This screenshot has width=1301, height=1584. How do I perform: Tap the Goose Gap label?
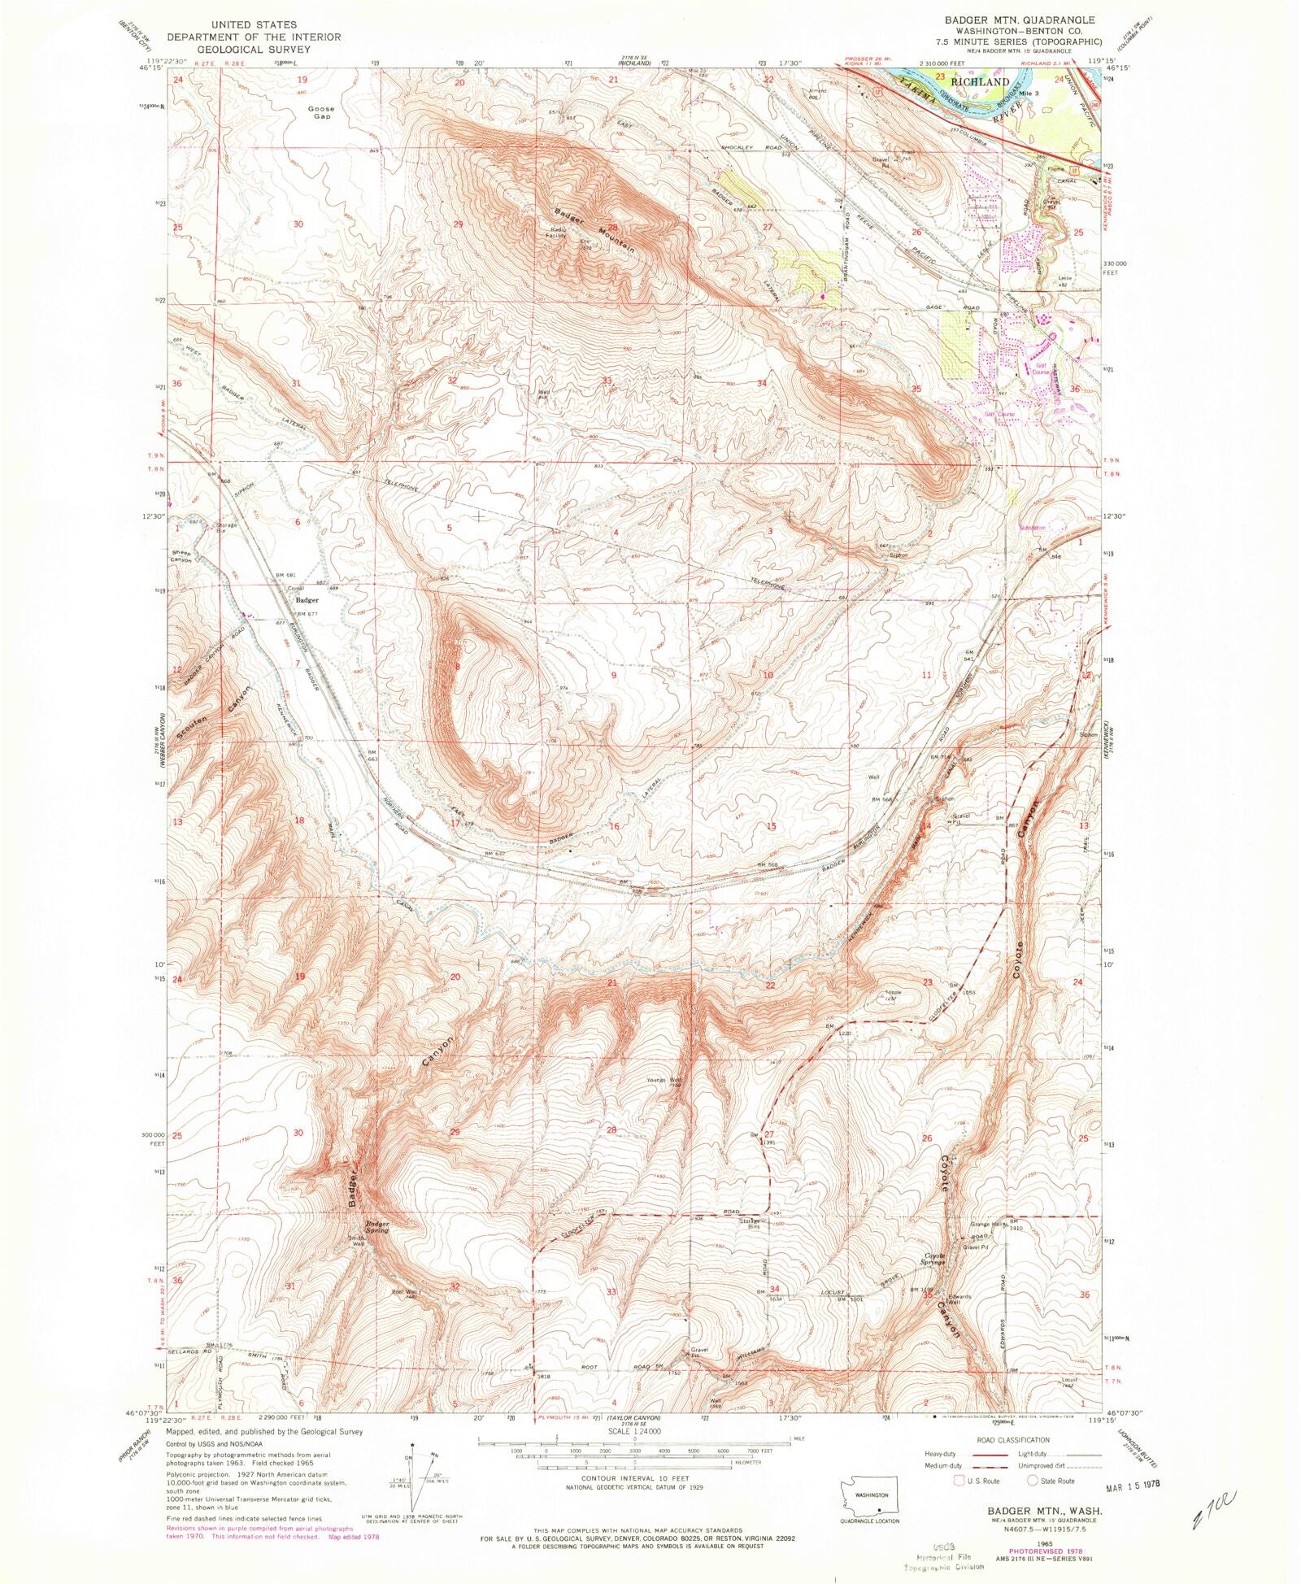point(320,112)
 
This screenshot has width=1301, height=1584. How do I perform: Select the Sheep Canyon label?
point(181,556)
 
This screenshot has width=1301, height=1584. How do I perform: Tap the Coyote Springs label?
point(933,1260)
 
